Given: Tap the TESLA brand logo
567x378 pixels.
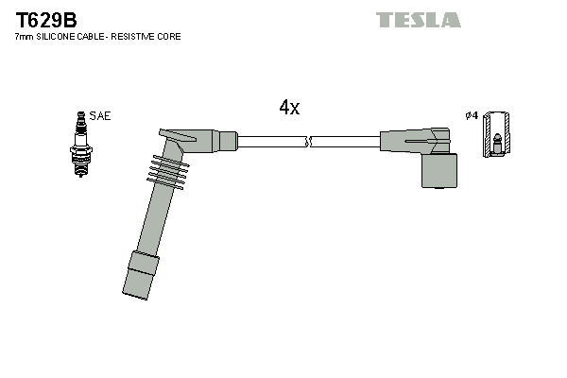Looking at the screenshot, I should click(x=418, y=20).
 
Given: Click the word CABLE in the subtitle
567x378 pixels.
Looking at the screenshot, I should click(x=97, y=37).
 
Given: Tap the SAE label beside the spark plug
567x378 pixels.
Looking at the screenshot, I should click(x=101, y=116).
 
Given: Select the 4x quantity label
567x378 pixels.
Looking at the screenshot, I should click(x=289, y=108).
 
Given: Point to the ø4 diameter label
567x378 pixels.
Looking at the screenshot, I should click(x=471, y=115).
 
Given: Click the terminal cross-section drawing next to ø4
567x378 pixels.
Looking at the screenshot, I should click(x=496, y=134).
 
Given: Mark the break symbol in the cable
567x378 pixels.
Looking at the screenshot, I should click(x=309, y=142).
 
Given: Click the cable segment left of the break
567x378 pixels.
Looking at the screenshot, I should click(x=271, y=142).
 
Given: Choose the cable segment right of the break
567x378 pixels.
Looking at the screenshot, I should click(x=345, y=142).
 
